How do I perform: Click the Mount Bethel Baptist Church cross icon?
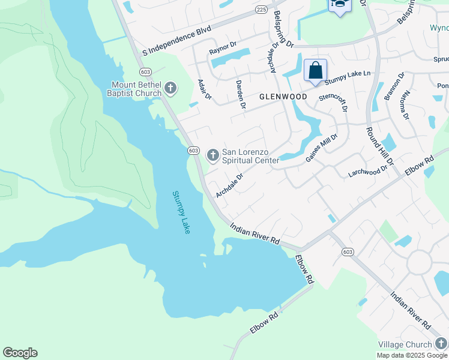click(170, 89)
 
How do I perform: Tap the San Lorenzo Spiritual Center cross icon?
click(212, 155)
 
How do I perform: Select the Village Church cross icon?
click(441, 344)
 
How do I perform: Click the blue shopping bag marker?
click(315, 71)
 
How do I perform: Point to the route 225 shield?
click(261, 10)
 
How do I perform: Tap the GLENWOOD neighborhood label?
click(283, 97)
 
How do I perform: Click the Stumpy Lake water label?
click(181, 212)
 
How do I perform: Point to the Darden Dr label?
click(240, 96)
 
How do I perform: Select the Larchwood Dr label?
click(368, 172)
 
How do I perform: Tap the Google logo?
click(20, 353)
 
